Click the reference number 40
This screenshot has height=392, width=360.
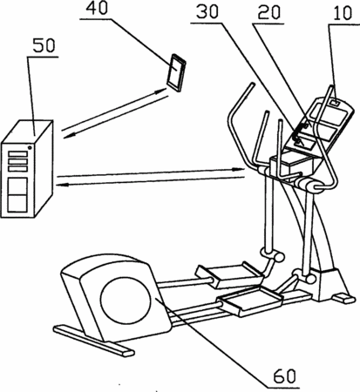[97, 8]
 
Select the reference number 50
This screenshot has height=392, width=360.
[44, 45]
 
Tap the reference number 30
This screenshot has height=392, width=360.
[207, 12]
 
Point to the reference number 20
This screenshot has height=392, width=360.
[269, 12]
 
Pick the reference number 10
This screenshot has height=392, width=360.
[343, 13]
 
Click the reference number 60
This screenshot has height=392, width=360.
[285, 376]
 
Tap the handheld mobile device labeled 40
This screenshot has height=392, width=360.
[176, 72]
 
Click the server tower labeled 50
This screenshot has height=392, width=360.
[27, 169]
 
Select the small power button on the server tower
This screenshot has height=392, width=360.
[30, 148]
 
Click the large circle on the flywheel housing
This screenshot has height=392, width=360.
[126, 301]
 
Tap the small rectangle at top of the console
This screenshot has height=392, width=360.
[336, 103]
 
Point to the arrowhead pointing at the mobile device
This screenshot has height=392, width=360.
[160, 91]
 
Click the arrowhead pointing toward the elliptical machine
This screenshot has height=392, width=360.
[240, 169]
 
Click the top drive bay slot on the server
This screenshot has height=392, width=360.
[17, 154]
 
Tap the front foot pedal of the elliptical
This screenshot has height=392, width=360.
[250, 302]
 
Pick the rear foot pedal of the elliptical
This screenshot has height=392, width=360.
[229, 274]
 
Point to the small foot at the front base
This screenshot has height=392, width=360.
[344, 298]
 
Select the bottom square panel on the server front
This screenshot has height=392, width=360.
[17, 203]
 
